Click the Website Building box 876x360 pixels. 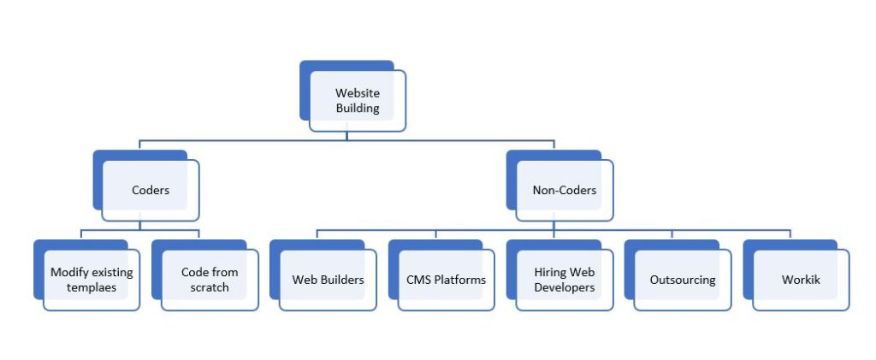tap(357, 100)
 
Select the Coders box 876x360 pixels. tap(151, 190)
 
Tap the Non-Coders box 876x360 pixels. tap(563, 190)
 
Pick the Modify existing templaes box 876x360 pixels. tap(92, 280)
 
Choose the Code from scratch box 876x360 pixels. tap(210, 280)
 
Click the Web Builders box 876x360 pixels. tap(328, 280)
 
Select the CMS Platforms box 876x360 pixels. tap(446, 280)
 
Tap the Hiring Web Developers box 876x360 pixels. tap(564, 280)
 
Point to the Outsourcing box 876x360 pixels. tap(682, 280)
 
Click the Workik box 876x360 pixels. tap(800, 280)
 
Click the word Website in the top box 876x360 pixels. tap(357, 92)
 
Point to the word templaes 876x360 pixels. tap(92, 287)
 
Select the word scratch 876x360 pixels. tap(210, 287)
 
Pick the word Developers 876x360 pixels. tap(564, 287)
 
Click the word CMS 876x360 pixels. tap(419, 280)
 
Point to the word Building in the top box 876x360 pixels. tap(357, 108)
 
